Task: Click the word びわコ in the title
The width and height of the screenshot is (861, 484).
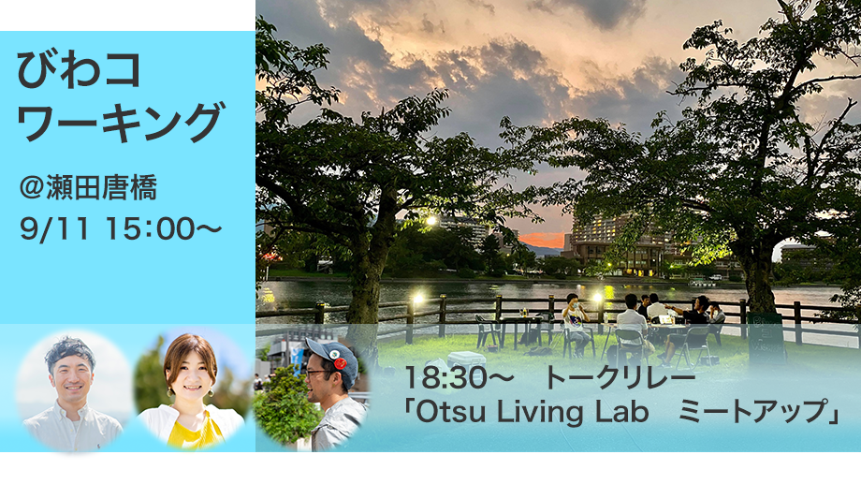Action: click(x=79, y=70)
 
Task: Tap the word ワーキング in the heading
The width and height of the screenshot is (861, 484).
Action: click(x=120, y=122)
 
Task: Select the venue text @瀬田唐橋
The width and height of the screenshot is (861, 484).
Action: click(x=88, y=187)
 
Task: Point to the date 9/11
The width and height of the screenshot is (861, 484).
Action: click(x=54, y=228)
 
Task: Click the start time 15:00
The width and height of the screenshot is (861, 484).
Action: click(x=150, y=228)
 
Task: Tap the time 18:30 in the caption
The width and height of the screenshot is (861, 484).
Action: click(x=445, y=378)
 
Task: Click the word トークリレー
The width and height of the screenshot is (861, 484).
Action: click(x=620, y=378)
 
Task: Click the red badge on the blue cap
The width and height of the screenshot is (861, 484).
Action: click(x=340, y=363)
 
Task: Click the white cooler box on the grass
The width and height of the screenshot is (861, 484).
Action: click(x=466, y=359)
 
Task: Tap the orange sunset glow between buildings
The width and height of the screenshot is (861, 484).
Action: click(x=542, y=240)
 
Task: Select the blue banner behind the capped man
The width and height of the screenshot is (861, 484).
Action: click(x=297, y=356)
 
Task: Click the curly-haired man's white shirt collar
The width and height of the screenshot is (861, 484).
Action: click(x=70, y=410)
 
